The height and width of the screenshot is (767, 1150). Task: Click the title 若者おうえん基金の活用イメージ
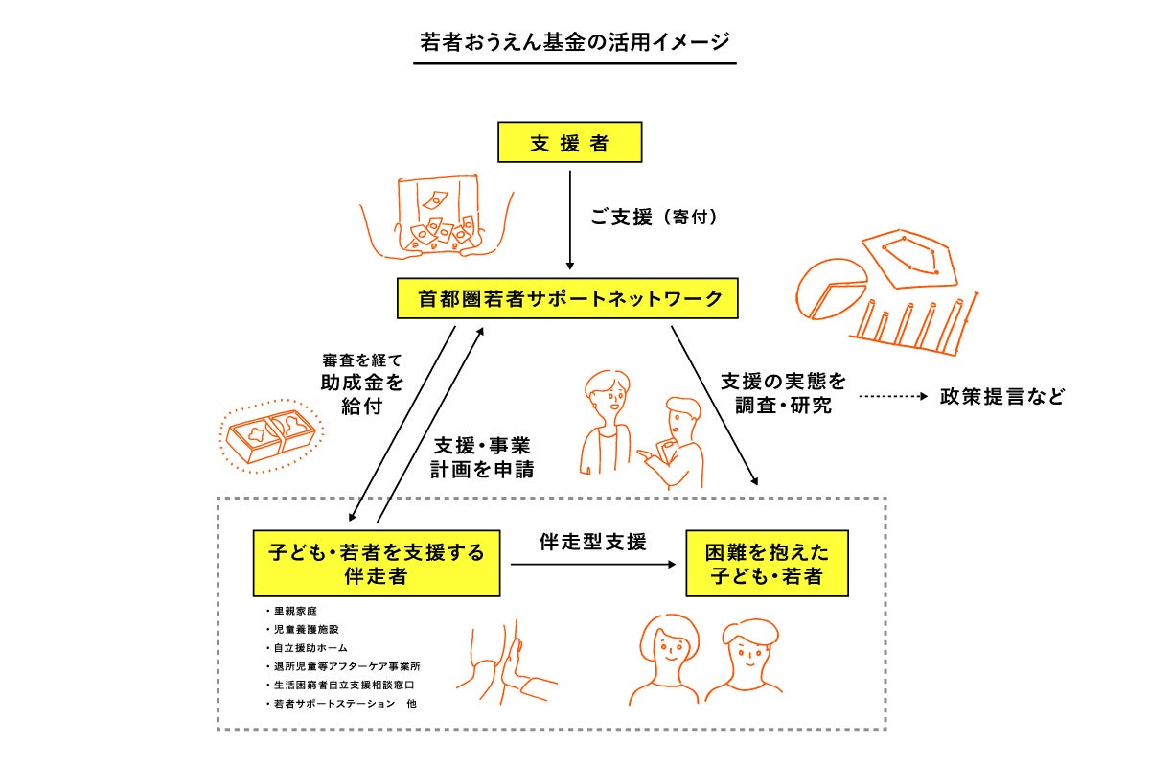pyautogui.click(x=574, y=43)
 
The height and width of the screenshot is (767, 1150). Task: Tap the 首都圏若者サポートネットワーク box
pyautogui.click(x=569, y=299)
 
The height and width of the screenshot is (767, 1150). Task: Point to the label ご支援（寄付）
pyautogui.click(x=654, y=219)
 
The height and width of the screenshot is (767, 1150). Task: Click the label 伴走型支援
pyautogui.click(x=592, y=542)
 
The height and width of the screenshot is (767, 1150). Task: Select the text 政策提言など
pyautogui.click(x=1002, y=397)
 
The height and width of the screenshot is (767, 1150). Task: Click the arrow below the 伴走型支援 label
pyautogui.click(x=592, y=566)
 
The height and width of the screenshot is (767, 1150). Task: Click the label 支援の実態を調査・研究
pyautogui.click(x=783, y=393)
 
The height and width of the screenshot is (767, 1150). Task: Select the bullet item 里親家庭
pyautogui.click(x=293, y=611)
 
